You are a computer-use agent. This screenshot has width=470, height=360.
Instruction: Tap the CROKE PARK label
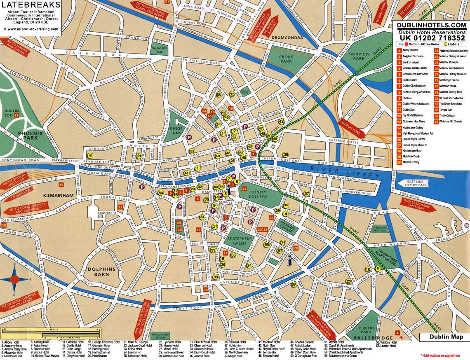[x=286, y=60]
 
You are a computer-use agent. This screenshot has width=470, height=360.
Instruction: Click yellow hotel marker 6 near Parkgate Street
[x=90, y=156]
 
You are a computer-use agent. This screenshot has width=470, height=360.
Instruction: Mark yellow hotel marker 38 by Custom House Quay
[x=285, y=154]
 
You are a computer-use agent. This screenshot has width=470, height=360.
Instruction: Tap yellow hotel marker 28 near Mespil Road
[x=294, y=285]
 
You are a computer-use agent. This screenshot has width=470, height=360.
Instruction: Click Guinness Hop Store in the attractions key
[x=414, y=122]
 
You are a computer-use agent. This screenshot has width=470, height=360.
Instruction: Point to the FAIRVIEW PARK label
[x=359, y=56]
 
